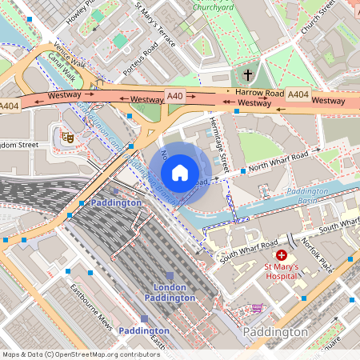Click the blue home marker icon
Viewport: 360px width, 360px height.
pos(180,173)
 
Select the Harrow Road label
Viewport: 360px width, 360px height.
pos(259,94)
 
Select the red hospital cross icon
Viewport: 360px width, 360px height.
pos(282,254)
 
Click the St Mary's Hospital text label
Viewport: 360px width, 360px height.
pos(286,271)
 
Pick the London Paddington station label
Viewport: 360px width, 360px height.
pos(170,292)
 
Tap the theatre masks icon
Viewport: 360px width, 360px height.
pos(68,137)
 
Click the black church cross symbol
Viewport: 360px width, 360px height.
pos(247,74)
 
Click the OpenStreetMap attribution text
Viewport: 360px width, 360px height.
pos(80,354)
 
